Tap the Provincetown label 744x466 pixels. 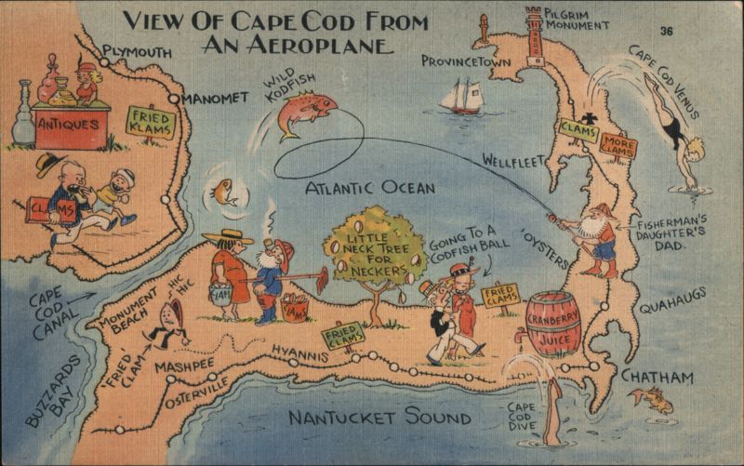point(467,60)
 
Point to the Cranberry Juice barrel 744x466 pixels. point(552,323)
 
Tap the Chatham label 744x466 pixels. point(657,377)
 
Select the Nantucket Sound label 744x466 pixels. point(379,418)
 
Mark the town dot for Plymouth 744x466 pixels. point(104,62)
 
